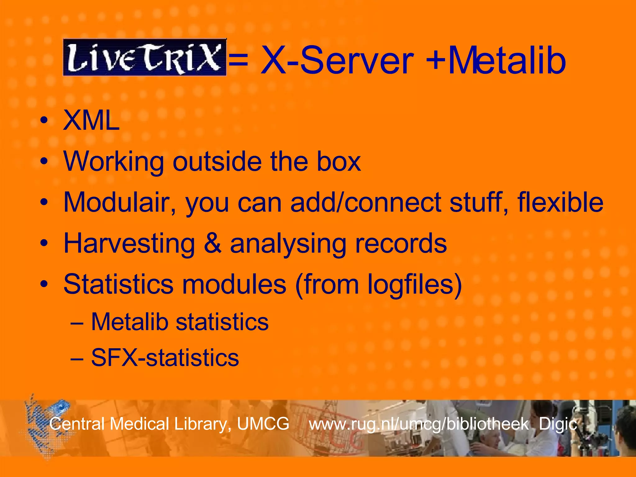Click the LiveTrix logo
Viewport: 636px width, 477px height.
[145, 57]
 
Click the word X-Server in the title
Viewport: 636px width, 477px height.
[337, 60]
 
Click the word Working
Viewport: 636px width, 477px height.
[114, 161]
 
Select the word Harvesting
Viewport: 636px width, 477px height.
[129, 243]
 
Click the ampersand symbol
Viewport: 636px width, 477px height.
[213, 243]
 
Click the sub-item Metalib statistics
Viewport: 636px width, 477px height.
[179, 322]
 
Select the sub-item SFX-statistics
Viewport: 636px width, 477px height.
[165, 358]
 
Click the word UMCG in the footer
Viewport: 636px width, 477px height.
[263, 424]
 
